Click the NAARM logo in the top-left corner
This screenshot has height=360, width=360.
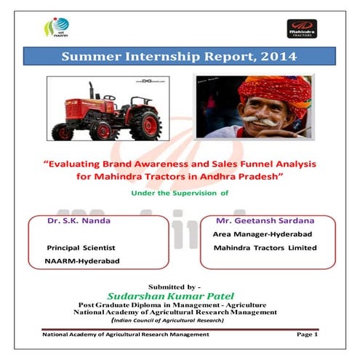click(x=50, y=29)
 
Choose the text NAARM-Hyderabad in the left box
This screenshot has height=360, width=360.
click(x=80, y=260)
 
